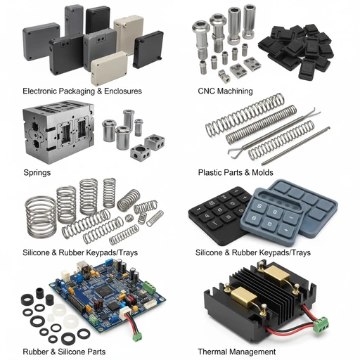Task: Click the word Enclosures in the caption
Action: click(x=123, y=91)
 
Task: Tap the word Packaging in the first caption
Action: click(x=77, y=91)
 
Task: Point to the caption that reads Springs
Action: click(x=37, y=173)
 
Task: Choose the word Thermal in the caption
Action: click(x=213, y=352)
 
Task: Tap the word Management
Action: click(x=252, y=352)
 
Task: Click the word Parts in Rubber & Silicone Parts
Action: click(x=96, y=352)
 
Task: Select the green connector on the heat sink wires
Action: click(x=321, y=324)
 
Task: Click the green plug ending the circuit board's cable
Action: click(x=137, y=337)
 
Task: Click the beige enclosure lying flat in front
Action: click(x=109, y=68)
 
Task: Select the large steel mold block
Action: click(x=58, y=131)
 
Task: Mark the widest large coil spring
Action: click(x=41, y=217)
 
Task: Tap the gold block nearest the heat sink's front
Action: click(x=243, y=297)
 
